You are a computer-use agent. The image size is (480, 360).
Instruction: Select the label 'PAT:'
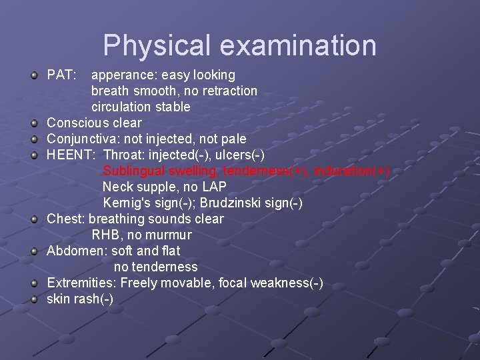point(61,75)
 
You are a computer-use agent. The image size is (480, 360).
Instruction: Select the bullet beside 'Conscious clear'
point(34,123)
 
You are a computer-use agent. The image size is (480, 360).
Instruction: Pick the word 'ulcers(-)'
point(238,155)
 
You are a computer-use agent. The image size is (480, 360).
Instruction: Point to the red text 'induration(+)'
point(353,171)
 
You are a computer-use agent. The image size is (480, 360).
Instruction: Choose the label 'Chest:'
point(65,219)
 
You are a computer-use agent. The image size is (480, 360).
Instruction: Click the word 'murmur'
point(170,235)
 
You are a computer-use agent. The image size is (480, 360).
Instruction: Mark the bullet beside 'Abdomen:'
point(34,251)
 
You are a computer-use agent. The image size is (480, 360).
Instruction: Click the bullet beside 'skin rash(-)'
point(34,299)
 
